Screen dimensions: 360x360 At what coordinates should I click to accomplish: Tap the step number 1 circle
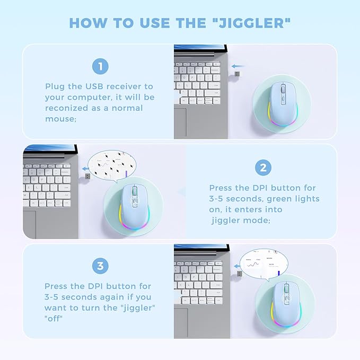(99, 66)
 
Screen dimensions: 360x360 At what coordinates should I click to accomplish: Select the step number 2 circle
(263, 168)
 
